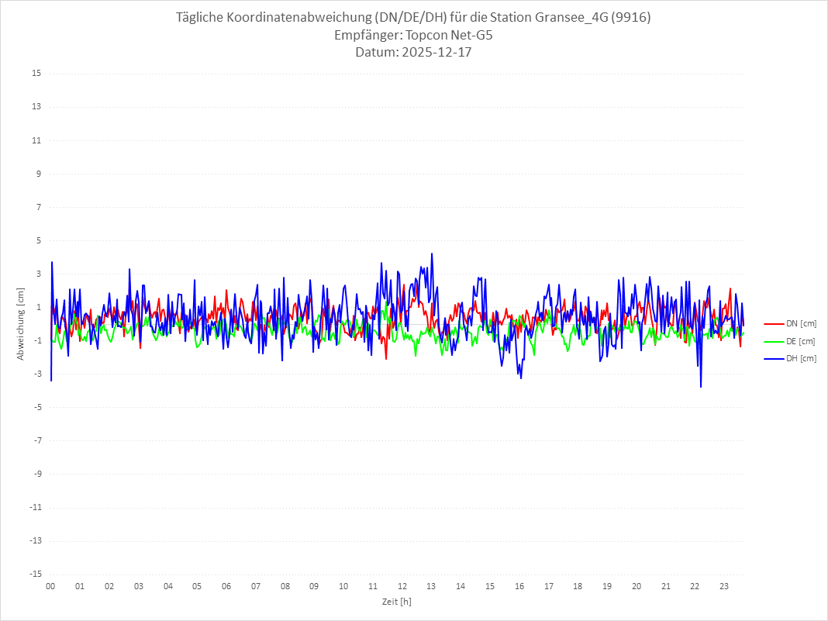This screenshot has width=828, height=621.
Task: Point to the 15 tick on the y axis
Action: (x=36, y=74)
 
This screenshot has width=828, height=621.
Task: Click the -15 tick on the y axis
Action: (x=35, y=574)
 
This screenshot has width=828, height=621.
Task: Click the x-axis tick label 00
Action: (x=50, y=586)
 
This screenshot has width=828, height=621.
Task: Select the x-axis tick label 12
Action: (x=402, y=586)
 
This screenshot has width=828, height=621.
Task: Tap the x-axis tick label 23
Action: (x=724, y=586)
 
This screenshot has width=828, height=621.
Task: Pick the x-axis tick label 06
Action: (x=226, y=586)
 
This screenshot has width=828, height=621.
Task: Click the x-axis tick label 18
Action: (x=578, y=586)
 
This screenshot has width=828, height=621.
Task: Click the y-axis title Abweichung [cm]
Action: (x=21, y=323)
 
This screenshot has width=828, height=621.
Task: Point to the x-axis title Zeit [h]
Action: (x=396, y=601)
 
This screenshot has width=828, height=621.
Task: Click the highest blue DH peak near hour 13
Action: (x=432, y=254)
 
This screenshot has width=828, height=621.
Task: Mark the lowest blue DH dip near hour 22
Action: (x=701, y=386)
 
